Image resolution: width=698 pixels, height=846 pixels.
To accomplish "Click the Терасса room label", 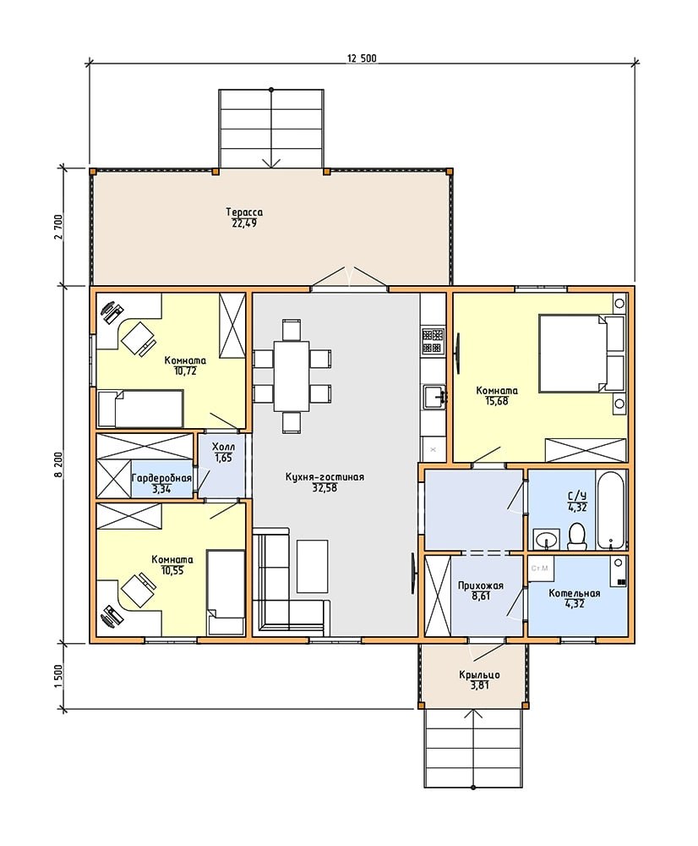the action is coord(244,212).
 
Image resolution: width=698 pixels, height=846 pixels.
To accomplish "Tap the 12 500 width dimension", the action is coord(362,59).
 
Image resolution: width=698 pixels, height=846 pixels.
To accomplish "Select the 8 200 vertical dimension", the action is coord(59,463).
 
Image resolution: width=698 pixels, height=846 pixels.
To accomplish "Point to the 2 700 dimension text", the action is coord(59,227).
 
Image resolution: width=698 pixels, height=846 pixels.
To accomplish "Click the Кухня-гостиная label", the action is coord(324,477).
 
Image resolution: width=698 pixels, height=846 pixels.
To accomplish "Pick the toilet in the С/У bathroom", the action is coord(577,536).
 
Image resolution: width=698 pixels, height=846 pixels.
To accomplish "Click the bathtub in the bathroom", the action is coord(611,509).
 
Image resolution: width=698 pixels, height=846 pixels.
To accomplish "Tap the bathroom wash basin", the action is coord(547,540).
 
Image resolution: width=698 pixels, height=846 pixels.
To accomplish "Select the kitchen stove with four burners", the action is coord(433,341).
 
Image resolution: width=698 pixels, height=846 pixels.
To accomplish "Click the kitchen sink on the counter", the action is coord(434,397).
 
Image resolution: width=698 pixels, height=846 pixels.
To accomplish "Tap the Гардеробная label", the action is coord(161,479).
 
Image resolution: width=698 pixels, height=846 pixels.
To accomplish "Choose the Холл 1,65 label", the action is coord(223,452).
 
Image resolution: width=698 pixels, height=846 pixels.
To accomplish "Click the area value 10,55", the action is coord(172,570).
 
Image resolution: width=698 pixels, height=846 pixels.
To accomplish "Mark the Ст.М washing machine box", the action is coord(540,569).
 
